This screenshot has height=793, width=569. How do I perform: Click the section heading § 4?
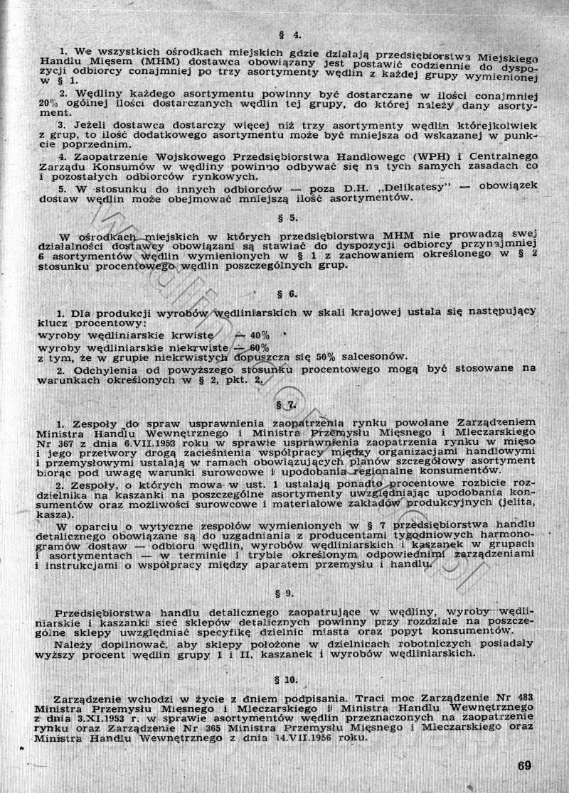pyautogui.click(x=287, y=33)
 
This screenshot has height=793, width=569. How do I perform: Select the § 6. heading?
pyautogui.click(x=292, y=293)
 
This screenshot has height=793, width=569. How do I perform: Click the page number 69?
pyautogui.click(x=525, y=765)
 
